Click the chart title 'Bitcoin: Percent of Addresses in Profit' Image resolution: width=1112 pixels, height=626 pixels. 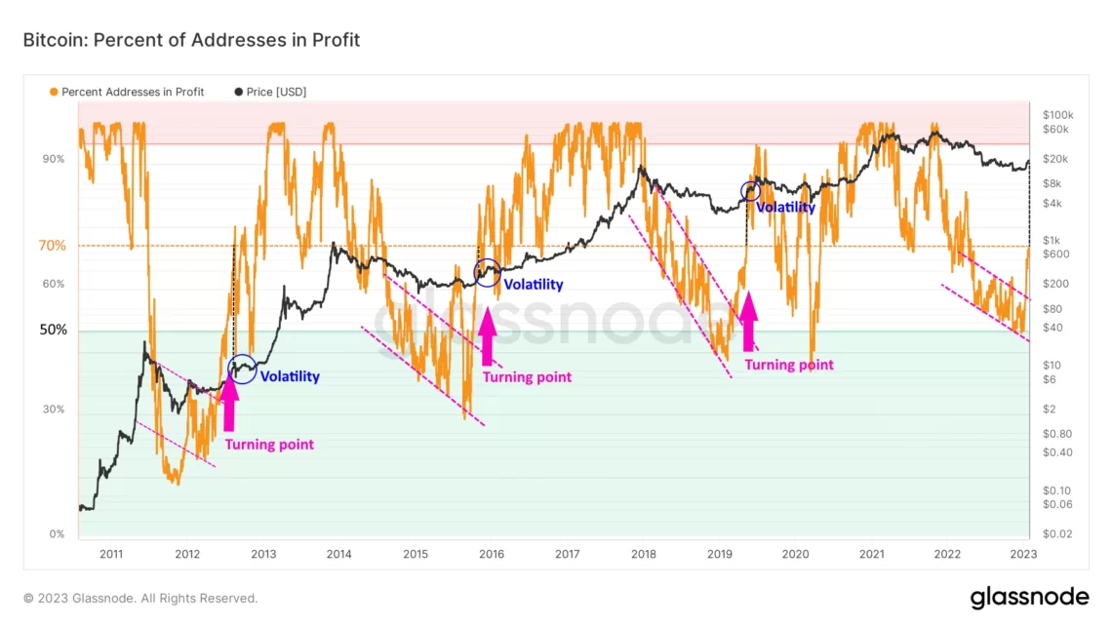[191, 40]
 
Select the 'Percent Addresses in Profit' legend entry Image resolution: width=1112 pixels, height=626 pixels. [127, 92]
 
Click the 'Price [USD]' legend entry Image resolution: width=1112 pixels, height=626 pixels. [271, 92]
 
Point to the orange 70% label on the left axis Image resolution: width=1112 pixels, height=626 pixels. [53, 246]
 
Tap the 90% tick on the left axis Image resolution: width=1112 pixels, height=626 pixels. [54, 159]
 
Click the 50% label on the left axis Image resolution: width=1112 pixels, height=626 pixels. [53, 331]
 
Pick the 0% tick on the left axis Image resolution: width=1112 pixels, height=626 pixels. [57, 534]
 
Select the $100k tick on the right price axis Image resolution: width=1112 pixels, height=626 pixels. [1058, 115]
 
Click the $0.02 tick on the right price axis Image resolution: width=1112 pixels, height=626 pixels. [1057, 534]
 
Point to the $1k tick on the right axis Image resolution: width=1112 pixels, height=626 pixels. [1052, 240]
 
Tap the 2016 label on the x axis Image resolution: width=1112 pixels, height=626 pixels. [491, 554]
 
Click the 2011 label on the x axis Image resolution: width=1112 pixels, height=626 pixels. [111, 554]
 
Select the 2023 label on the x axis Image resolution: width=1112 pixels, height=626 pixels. [1023, 554]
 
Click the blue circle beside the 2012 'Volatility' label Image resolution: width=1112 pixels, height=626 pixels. [242, 368]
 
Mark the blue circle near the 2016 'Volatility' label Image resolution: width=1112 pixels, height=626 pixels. [487, 273]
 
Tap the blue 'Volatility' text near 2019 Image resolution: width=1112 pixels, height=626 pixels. [786, 208]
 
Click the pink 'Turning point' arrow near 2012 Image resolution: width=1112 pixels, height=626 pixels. [230, 403]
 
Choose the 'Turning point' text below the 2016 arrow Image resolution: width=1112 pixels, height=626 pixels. [527, 377]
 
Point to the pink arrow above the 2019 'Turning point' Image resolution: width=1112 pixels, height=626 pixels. [749, 319]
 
